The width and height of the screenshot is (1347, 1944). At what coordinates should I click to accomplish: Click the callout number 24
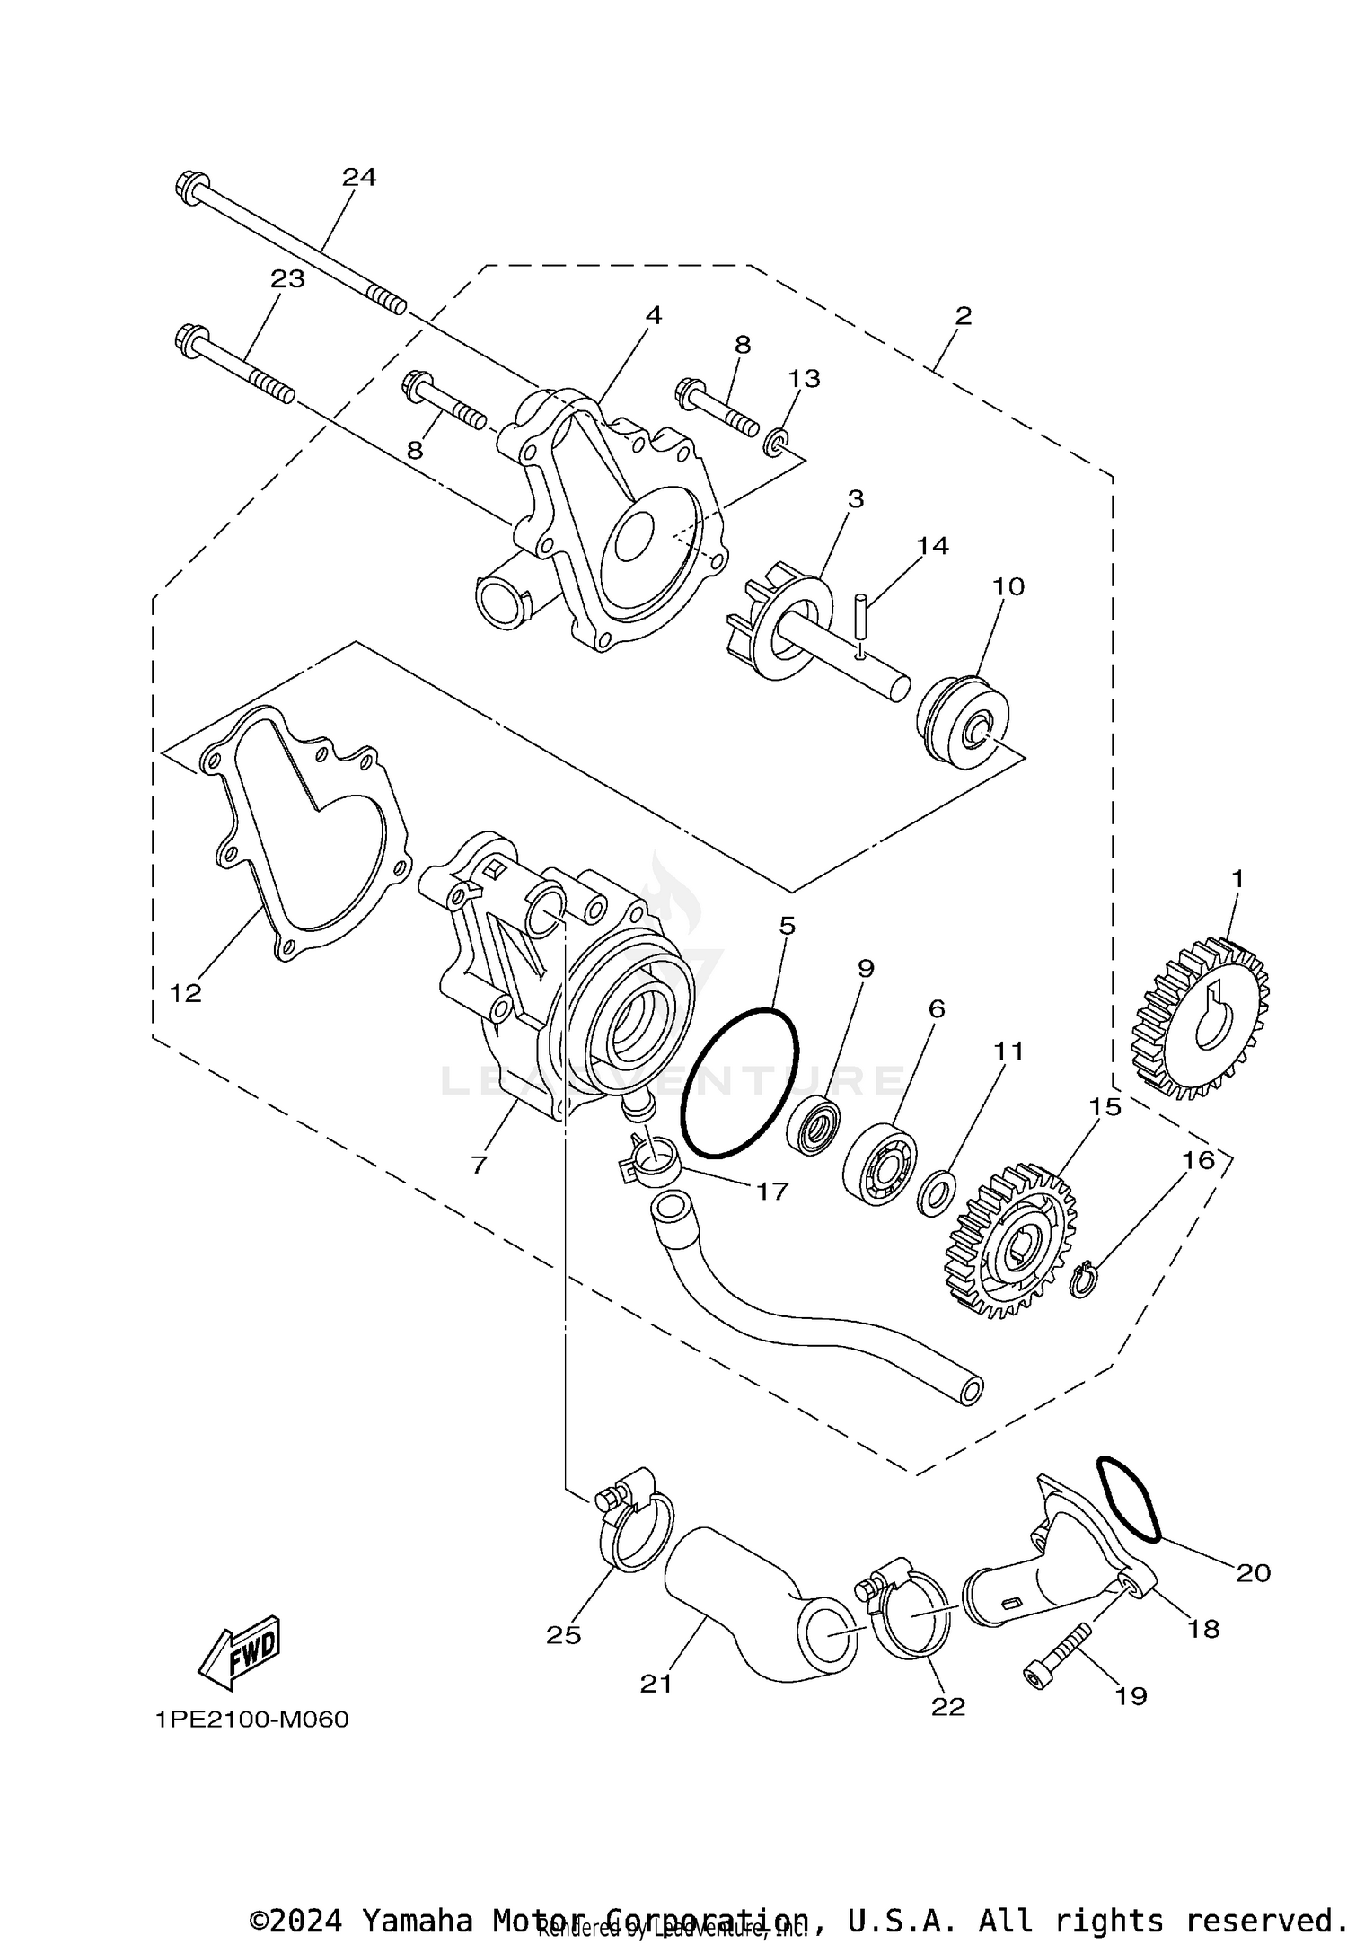(x=358, y=177)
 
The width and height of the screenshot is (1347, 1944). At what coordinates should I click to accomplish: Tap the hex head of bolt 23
(x=189, y=340)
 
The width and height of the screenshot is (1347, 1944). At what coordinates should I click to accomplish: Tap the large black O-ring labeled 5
(x=739, y=1081)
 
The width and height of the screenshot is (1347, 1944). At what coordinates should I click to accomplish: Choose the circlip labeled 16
(x=1085, y=1279)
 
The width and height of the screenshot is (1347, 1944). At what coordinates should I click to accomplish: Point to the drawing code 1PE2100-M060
(x=251, y=1720)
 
